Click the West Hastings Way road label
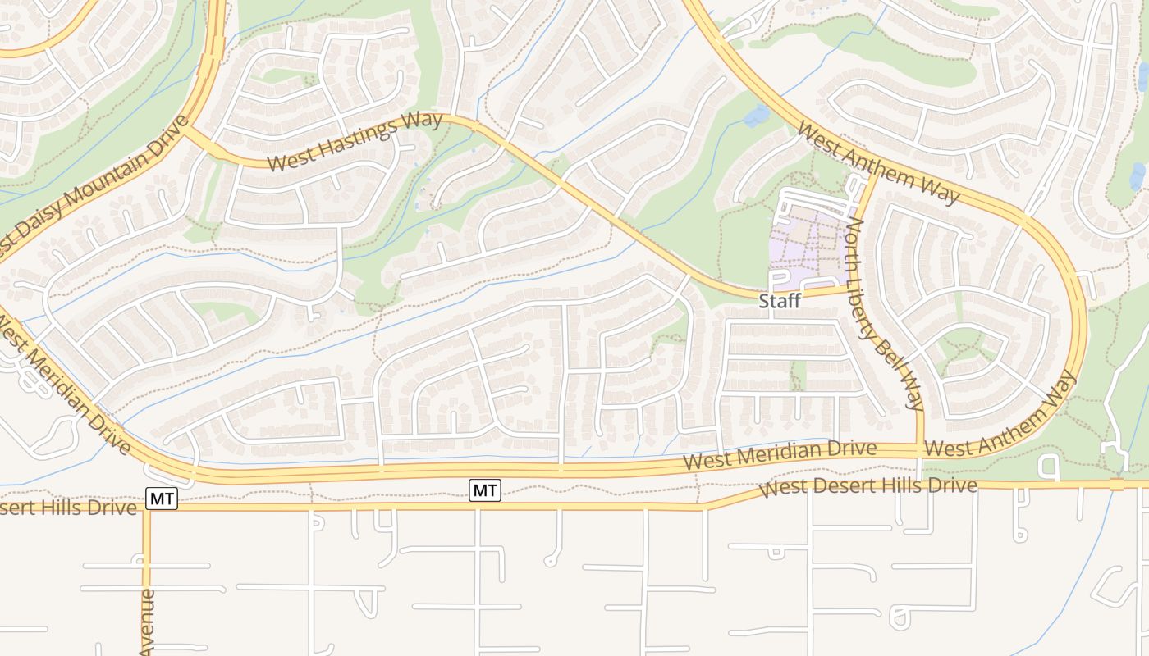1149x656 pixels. pyautogui.click(x=355, y=142)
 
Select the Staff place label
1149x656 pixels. pyautogui.click(x=779, y=302)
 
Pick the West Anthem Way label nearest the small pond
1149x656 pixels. pyautogui.click(x=877, y=163)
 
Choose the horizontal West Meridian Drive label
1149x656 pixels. pyautogui.click(x=779, y=456)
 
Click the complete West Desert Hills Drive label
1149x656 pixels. pyautogui.click(x=867, y=487)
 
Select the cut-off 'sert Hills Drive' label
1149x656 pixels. pyautogui.click(x=67, y=508)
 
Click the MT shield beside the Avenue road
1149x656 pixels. pyautogui.click(x=162, y=498)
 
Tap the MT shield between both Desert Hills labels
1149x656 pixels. pyautogui.click(x=484, y=490)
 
